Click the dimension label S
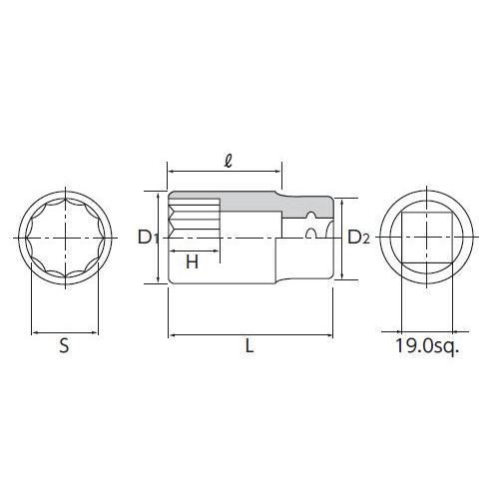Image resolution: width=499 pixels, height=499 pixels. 64,345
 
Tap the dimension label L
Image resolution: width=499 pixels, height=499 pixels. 249,345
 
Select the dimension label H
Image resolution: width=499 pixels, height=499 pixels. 192,261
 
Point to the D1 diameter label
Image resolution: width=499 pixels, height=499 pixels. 148,238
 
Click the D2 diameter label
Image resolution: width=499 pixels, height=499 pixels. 358,238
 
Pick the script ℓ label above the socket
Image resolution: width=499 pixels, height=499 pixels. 228,162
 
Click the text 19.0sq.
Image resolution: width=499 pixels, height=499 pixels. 427,346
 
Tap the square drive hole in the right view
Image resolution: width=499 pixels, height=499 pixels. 427,238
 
